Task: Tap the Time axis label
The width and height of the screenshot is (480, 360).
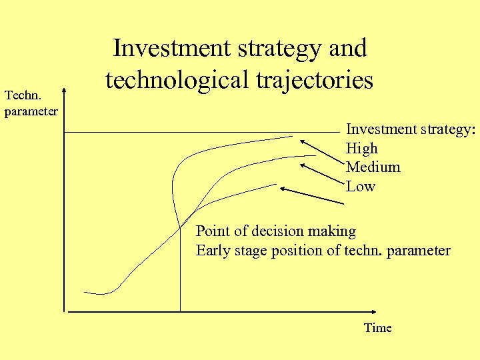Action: (x=377, y=328)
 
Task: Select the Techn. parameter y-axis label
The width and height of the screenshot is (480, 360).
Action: (x=31, y=104)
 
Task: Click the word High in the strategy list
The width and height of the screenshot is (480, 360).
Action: (x=361, y=149)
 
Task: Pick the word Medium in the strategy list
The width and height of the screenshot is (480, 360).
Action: (x=373, y=167)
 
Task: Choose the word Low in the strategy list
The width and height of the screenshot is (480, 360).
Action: (x=361, y=187)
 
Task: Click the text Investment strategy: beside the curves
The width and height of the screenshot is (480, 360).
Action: (x=410, y=130)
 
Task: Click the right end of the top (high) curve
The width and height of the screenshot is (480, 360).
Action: (x=292, y=137)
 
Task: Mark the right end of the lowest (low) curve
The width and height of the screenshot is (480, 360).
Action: (x=275, y=183)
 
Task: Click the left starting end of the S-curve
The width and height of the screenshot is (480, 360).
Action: (x=85, y=292)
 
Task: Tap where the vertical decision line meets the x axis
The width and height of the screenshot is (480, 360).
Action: (x=180, y=311)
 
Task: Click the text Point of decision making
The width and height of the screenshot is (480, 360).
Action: (x=275, y=232)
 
